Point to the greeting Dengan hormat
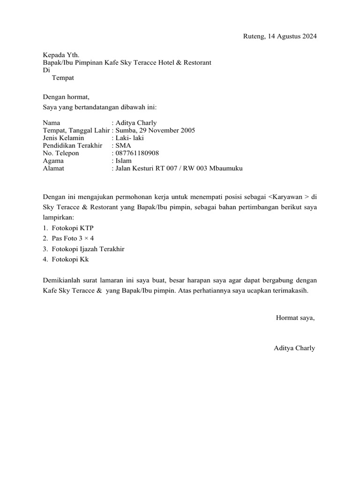pos(66,97)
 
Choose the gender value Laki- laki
pos(130,138)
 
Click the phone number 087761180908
pos(137,153)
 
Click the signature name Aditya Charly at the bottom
pos(294,348)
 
